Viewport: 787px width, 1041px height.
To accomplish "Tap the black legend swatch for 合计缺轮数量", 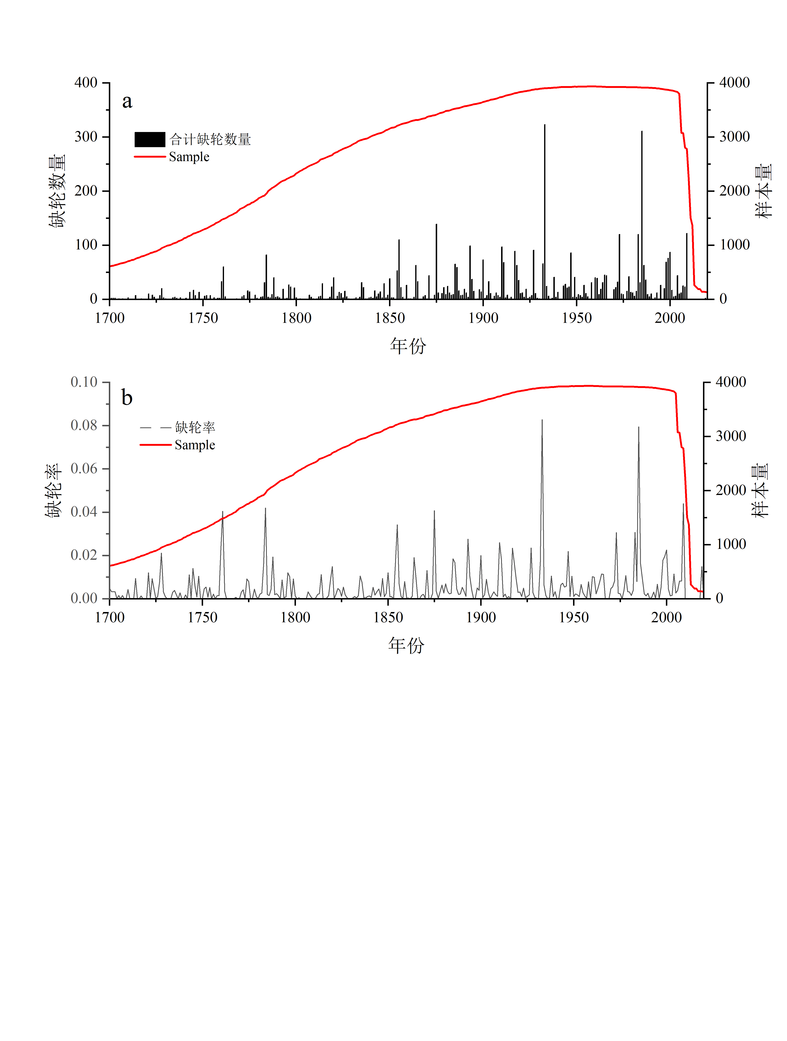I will click(x=150, y=139).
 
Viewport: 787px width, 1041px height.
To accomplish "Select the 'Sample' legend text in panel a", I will click(x=189, y=157).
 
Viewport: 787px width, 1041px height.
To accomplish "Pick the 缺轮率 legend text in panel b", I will click(x=195, y=427).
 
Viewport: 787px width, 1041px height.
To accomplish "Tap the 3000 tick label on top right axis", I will click(x=734, y=137).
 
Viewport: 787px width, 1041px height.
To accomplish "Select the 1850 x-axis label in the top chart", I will click(x=390, y=318).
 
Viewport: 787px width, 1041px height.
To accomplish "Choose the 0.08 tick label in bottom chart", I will click(x=84, y=426).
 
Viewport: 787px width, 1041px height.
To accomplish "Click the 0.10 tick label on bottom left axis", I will click(x=84, y=382).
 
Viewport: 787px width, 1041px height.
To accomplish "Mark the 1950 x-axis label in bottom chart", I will click(x=574, y=617).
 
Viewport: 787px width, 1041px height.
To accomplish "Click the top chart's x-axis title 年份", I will click(x=408, y=346).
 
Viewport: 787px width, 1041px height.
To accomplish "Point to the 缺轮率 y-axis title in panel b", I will click(x=53, y=490).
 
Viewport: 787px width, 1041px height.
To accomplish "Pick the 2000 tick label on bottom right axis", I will click(x=730, y=490).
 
